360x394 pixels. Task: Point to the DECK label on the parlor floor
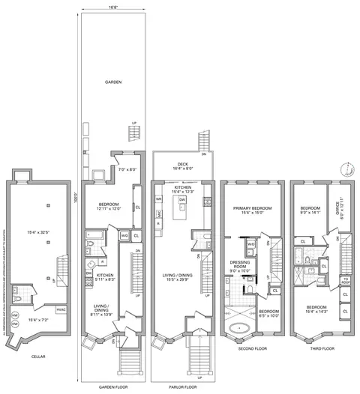click(x=181, y=165)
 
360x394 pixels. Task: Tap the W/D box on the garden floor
click(x=124, y=236)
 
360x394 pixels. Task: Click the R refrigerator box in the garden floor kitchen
click(x=100, y=263)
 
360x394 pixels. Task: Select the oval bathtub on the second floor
click(x=241, y=327)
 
